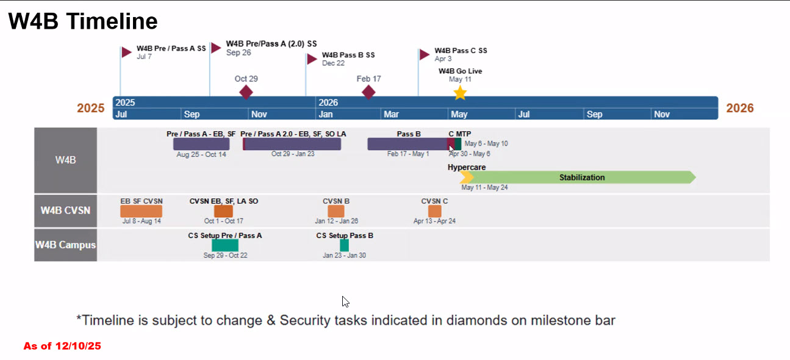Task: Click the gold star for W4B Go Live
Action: (460, 93)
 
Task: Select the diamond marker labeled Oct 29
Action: (246, 92)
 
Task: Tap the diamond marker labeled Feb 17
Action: (368, 92)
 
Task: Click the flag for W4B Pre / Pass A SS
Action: (126, 52)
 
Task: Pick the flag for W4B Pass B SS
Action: (311, 59)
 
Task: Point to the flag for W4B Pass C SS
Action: (425, 54)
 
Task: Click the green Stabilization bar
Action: (582, 178)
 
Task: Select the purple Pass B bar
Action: (407, 144)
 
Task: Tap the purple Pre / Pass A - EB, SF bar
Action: (201, 144)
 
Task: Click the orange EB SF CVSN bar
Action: (141, 211)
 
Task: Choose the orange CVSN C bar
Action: (434, 211)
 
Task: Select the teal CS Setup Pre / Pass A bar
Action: (224, 245)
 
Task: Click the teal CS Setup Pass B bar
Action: (344, 245)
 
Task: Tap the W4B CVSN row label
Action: (65, 211)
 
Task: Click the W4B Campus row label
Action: (65, 245)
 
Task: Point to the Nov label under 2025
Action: (259, 114)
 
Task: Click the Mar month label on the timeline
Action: (391, 114)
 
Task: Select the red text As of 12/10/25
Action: (62, 346)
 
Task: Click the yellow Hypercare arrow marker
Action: (467, 178)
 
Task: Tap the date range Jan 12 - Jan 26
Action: (336, 221)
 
